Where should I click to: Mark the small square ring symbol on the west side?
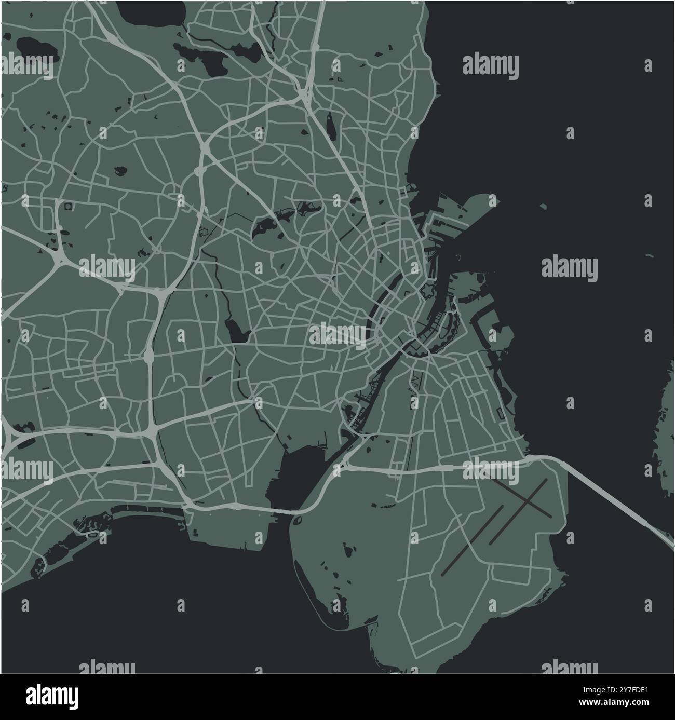click(69, 207)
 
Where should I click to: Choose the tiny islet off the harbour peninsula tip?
click(543, 207)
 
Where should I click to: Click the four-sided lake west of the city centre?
click(236, 330)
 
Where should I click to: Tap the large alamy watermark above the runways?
click(491, 470)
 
